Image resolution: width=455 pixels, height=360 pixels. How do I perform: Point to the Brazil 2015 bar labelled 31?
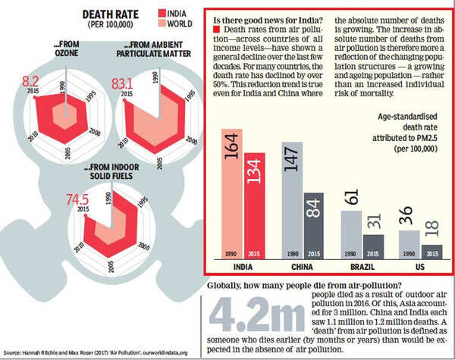tap(374, 246)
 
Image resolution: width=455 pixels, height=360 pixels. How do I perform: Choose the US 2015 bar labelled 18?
tap(433, 251)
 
